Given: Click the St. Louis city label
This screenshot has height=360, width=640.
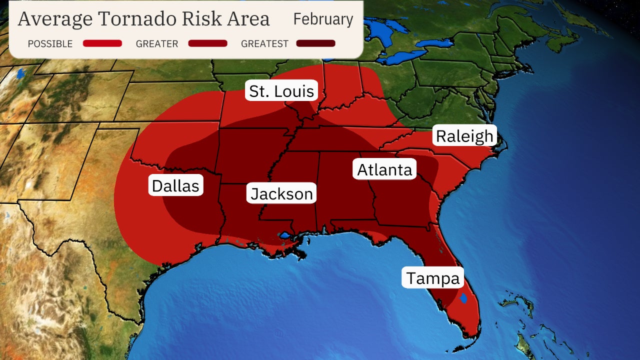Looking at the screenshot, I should point(281,91).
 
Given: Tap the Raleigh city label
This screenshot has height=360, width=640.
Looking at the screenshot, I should point(464,136).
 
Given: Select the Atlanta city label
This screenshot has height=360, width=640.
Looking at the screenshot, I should point(385,170).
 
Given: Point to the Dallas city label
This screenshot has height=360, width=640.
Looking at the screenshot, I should point(175,185).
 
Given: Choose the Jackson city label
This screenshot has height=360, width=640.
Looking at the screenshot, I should point(281,193).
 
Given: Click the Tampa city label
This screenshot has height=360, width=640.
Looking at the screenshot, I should point(432,278).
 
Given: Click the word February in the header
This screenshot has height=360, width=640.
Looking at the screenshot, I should point(323,19).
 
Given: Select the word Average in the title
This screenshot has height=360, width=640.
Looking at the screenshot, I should point(55,19).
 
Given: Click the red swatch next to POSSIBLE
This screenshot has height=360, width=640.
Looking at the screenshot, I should point(102,43).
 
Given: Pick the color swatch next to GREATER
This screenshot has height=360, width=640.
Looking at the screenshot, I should point(207,43).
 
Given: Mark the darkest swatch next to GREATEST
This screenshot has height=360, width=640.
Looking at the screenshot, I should point(315,43).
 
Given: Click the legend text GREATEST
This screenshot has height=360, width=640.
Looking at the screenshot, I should point(264,44).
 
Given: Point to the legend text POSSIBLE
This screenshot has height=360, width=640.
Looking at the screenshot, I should point(50,44).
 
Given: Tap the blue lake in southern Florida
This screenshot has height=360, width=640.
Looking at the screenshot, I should point(463,298).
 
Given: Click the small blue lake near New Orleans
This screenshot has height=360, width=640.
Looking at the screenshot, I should point(285,234).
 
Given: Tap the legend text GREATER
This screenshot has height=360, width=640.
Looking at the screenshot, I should point(157,44).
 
